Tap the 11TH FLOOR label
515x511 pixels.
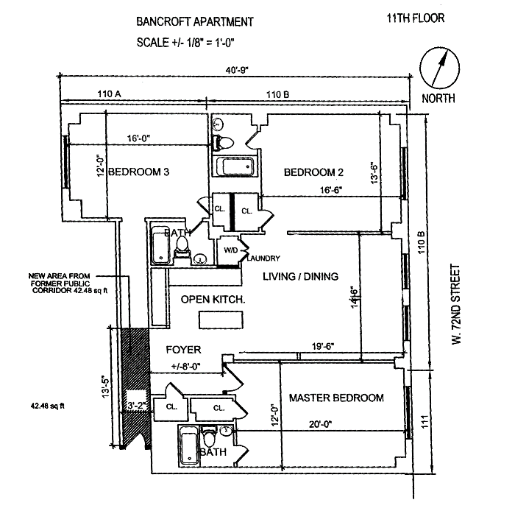pos(414,18)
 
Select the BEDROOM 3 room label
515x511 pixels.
pos(139,172)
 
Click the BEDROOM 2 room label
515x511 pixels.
pos(314,172)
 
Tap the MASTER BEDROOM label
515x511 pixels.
pos(336,398)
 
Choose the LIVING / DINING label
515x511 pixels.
pos(300,277)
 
